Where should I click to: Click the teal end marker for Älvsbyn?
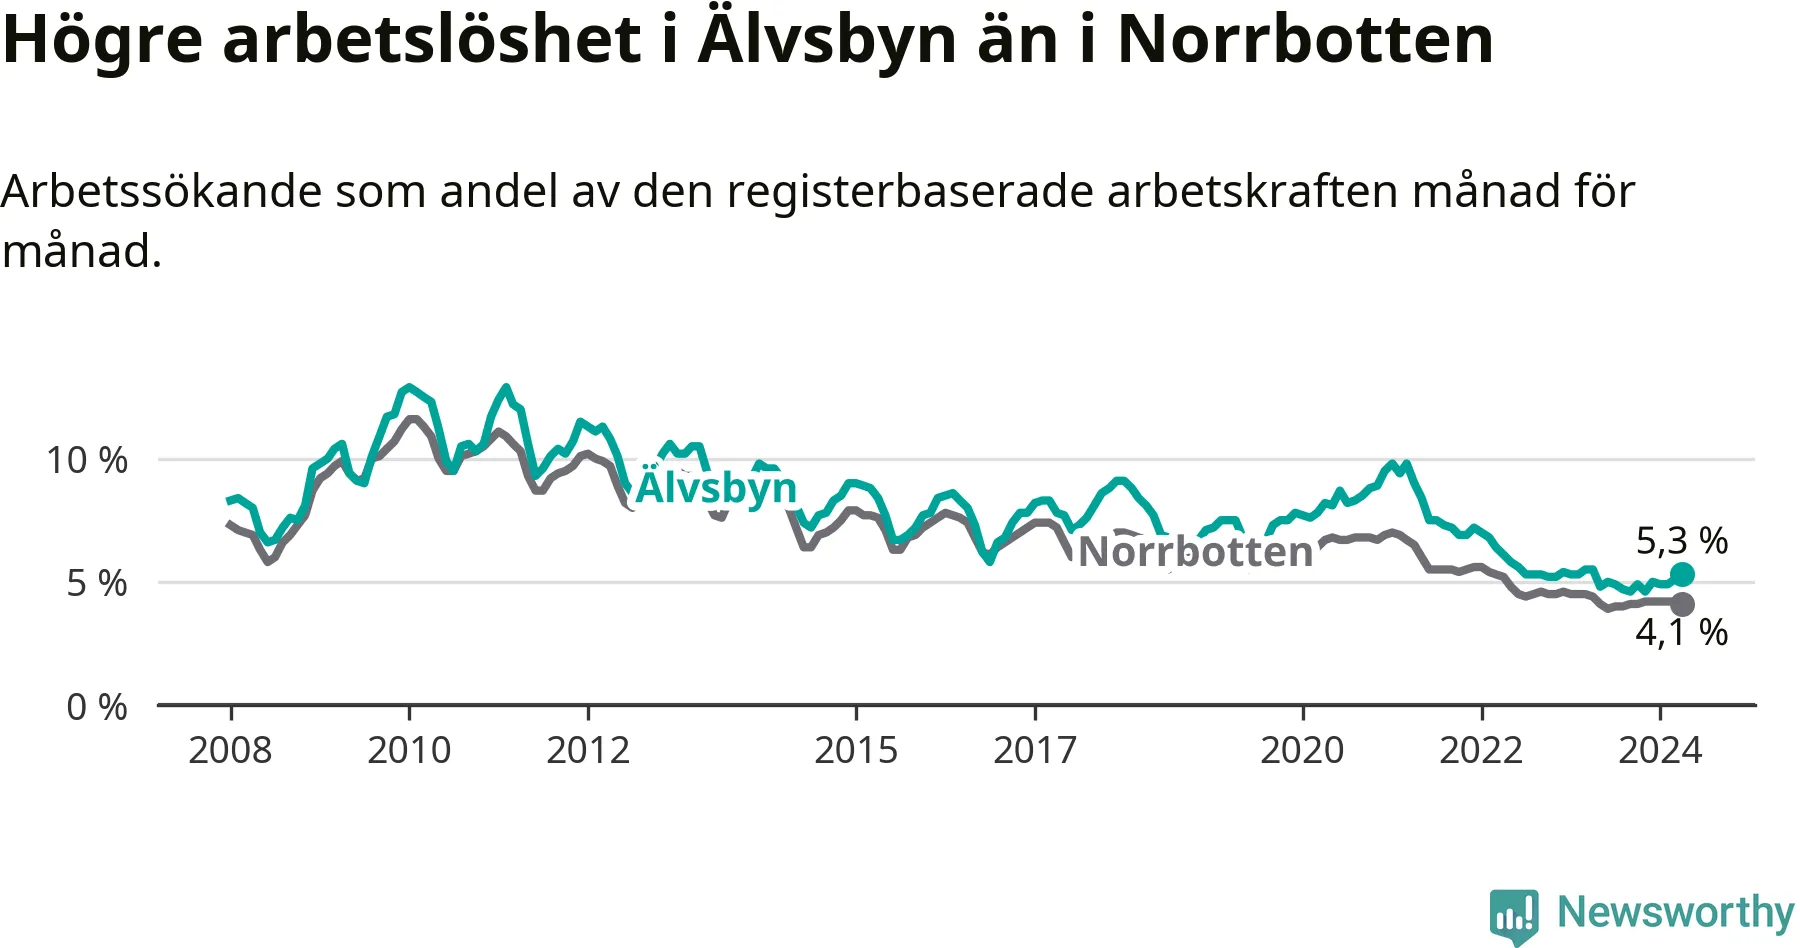(1682, 574)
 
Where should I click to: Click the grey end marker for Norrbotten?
(1682, 604)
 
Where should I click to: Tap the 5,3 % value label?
(1682, 541)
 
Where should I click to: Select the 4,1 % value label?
(1682, 632)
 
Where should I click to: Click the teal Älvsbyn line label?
(716, 488)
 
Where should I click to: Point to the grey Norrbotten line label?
(1195, 552)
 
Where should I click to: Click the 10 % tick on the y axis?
(87, 460)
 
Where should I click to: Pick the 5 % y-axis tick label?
(97, 583)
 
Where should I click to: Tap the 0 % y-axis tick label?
(97, 707)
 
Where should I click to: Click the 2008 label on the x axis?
(230, 750)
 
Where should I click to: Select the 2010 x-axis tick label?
(409, 750)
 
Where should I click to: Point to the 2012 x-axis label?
(588, 750)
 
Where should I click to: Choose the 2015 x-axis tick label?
(856, 750)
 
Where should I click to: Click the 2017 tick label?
(1035, 750)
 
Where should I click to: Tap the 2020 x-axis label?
(1302, 750)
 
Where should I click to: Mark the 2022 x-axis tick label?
(1481, 750)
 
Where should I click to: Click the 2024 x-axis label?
(1660, 750)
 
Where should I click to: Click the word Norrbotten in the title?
(1305, 40)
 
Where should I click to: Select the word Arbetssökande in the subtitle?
(161, 191)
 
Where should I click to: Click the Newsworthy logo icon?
(1513, 915)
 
